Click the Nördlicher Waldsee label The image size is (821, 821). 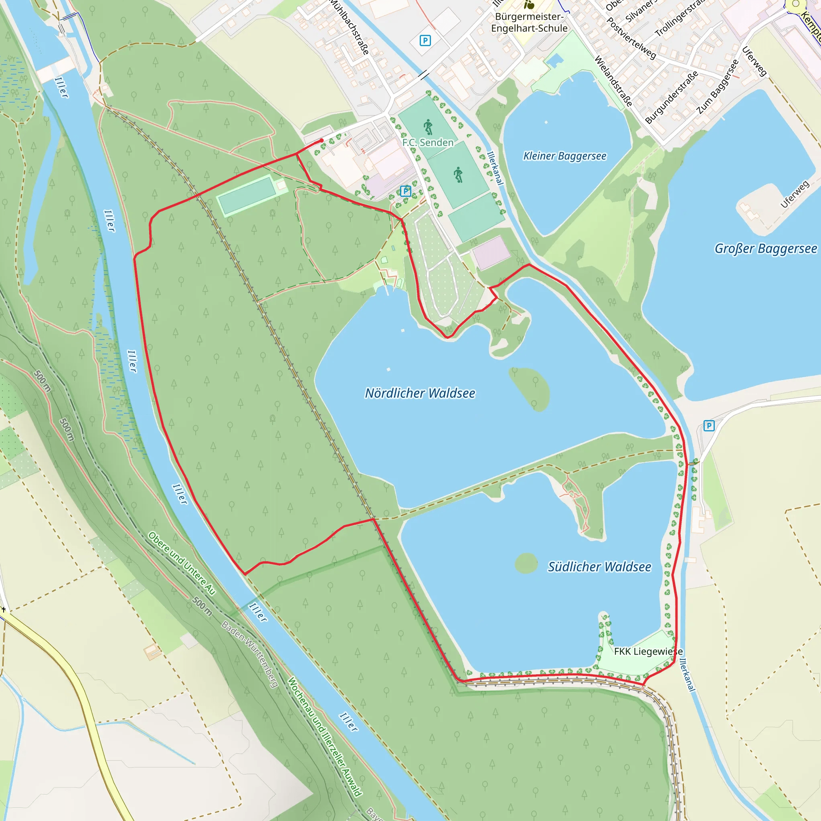tap(420, 393)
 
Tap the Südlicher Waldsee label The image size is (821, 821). tap(599, 566)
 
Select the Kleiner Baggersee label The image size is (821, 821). tap(564, 156)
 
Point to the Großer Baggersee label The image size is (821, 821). tap(765, 248)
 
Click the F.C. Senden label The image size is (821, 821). tap(427, 142)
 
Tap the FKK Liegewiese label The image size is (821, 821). tap(648, 651)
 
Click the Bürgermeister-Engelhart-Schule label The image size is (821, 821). tap(529, 22)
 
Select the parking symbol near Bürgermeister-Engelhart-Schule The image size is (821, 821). tap(425, 40)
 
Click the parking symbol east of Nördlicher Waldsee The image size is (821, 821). tap(708, 425)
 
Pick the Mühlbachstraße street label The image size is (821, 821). tap(350, 26)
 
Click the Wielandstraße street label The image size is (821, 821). tap(613, 81)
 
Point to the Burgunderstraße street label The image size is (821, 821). tap(671, 97)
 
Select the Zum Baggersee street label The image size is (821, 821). tap(718, 87)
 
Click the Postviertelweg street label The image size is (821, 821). tap(631, 38)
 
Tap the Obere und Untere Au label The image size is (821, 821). tap(182, 563)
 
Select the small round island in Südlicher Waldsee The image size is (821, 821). tap(526, 563)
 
